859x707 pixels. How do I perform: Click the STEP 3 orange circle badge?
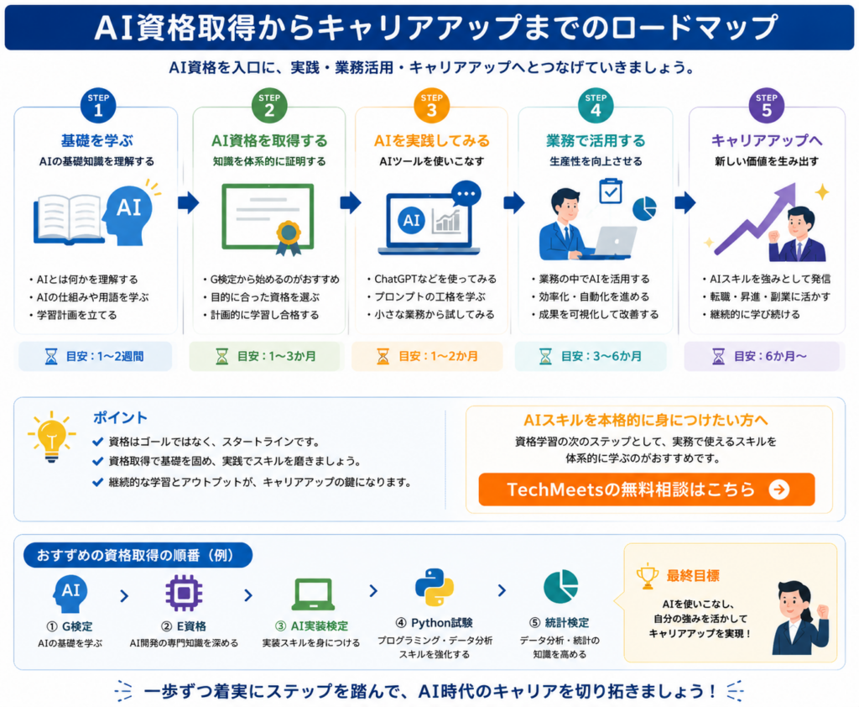click(x=432, y=105)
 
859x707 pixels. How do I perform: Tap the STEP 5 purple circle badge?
click(x=767, y=105)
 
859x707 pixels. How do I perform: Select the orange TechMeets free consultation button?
click(x=647, y=490)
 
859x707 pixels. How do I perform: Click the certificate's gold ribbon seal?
click(x=289, y=238)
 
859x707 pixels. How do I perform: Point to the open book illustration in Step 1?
click(x=69, y=219)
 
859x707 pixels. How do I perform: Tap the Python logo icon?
click(x=435, y=587)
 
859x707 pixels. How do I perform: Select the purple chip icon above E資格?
click(x=184, y=593)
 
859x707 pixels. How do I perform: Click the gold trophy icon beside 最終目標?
click(x=647, y=576)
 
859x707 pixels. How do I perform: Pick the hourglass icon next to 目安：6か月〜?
click(x=718, y=357)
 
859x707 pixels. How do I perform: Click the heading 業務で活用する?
click(x=596, y=141)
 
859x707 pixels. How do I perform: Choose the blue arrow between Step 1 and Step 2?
click(x=188, y=202)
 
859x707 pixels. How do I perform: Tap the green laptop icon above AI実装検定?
click(x=313, y=594)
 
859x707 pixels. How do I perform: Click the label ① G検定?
click(x=70, y=626)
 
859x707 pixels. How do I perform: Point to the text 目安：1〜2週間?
click(x=105, y=357)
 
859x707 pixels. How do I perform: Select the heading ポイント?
click(x=120, y=418)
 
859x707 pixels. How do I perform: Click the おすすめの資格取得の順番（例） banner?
click(x=138, y=556)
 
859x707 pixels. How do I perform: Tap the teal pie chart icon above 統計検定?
click(x=560, y=587)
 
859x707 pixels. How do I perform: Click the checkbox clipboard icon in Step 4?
click(x=611, y=191)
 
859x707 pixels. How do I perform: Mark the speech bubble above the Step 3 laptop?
click(x=466, y=194)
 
